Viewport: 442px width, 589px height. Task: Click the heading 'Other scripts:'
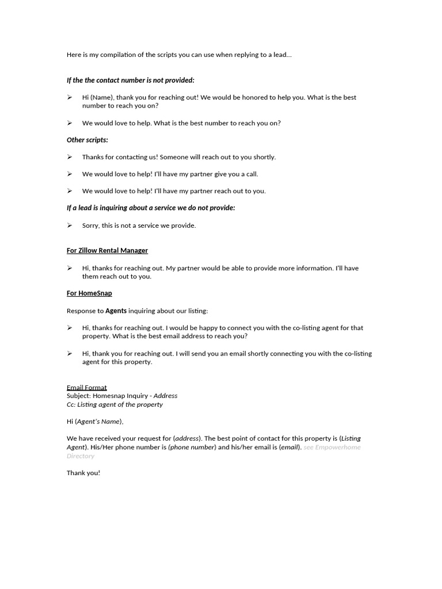pos(87,140)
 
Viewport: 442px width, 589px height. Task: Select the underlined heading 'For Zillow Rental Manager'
pos(107,251)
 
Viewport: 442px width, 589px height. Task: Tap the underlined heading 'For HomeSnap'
pos(89,293)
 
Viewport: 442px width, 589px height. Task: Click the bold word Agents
pos(116,311)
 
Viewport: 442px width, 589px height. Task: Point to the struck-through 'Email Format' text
pos(87,388)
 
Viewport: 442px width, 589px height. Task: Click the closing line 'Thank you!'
pos(83,473)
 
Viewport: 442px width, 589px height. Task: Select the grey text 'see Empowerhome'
pos(332,447)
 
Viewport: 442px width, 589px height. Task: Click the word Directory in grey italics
pos(81,456)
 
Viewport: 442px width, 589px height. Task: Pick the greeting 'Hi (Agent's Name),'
pos(95,422)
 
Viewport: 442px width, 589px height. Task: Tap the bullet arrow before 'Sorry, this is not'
pos(70,225)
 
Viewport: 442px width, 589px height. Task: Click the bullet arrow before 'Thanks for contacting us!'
pos(70,157)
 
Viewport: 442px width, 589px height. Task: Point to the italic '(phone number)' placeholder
pos(192,447)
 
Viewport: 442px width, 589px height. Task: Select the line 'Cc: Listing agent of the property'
pos(115,404)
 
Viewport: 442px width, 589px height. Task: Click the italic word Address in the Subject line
pos(165,396)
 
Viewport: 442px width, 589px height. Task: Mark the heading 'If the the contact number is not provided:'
pos(131,80)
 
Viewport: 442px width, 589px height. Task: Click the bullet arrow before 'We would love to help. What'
pos(70,123)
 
